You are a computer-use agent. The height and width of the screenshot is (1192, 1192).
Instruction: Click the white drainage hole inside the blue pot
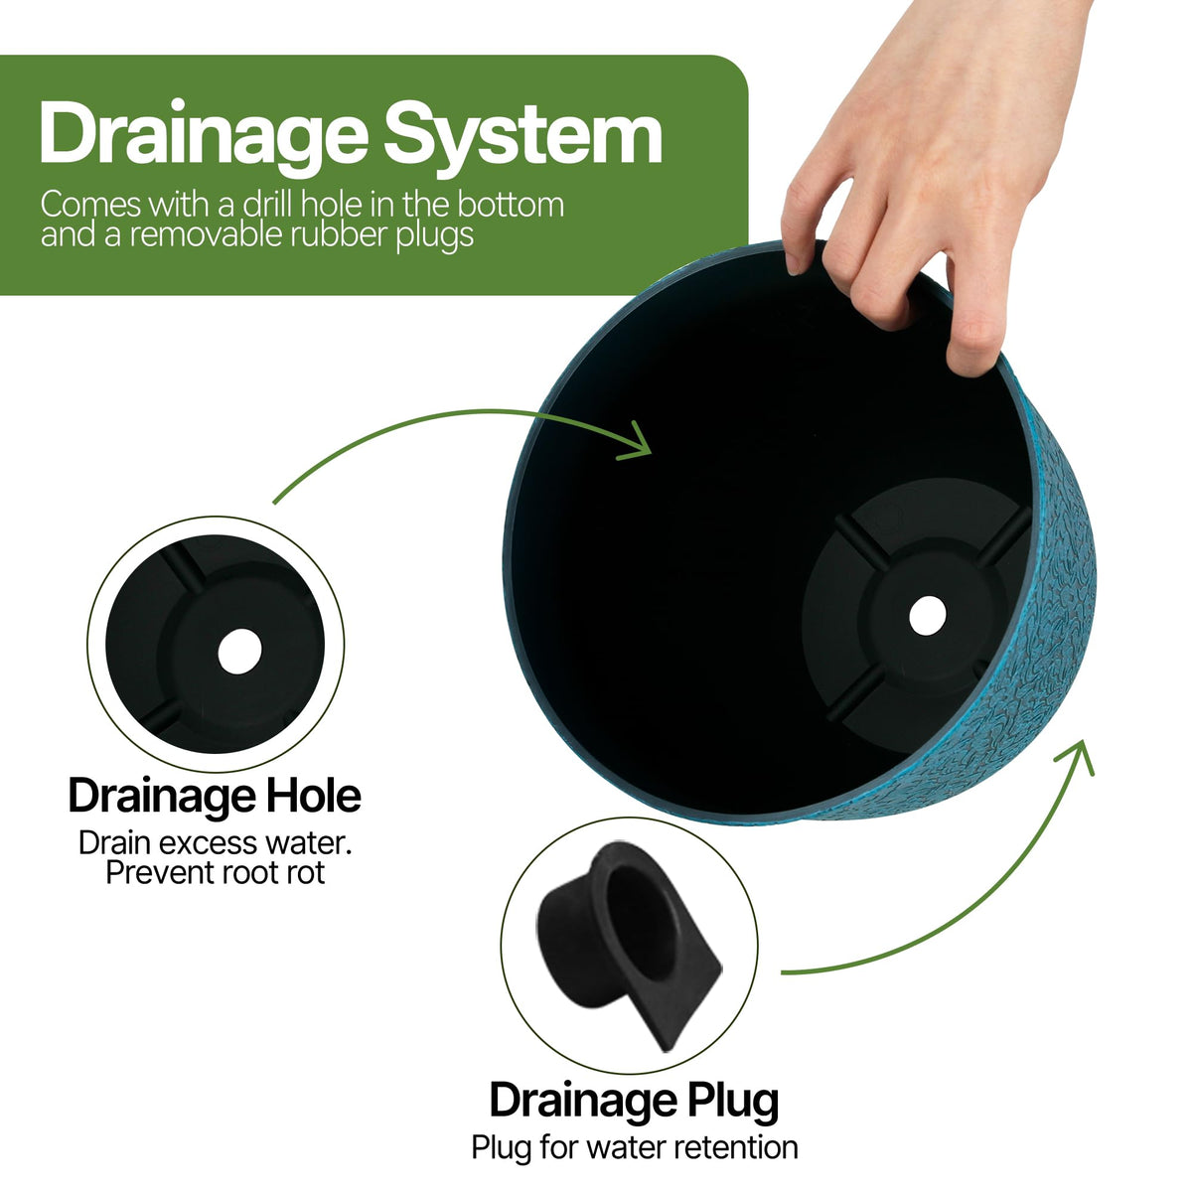click(927, 615)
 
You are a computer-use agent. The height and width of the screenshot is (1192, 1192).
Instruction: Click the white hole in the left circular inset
click(240, 652)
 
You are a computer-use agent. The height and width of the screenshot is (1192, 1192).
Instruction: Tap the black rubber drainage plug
click(628, 946)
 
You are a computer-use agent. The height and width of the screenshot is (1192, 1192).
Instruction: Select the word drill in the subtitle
click(266, 205)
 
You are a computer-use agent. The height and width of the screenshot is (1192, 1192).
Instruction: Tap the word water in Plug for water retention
click(623, 1147)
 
